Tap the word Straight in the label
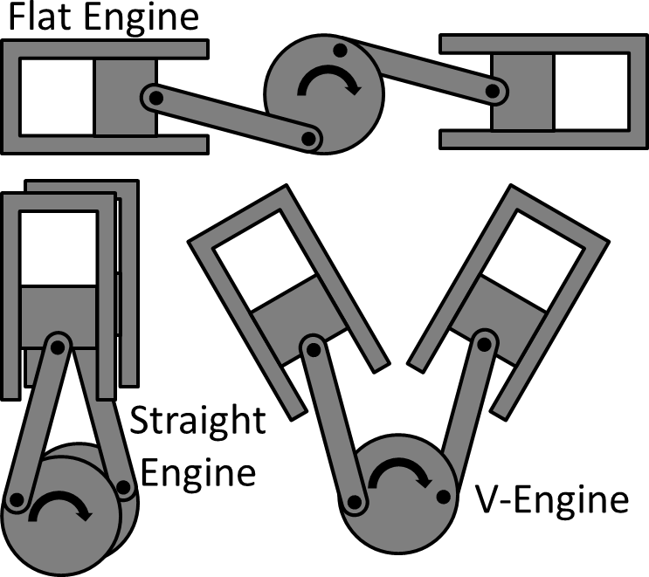(197, 422)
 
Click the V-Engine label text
(552, 500)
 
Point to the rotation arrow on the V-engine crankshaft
(400, 476)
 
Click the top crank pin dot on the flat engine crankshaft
(339, 51)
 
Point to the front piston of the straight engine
(59, 310)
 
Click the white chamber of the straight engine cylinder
(59, 248)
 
